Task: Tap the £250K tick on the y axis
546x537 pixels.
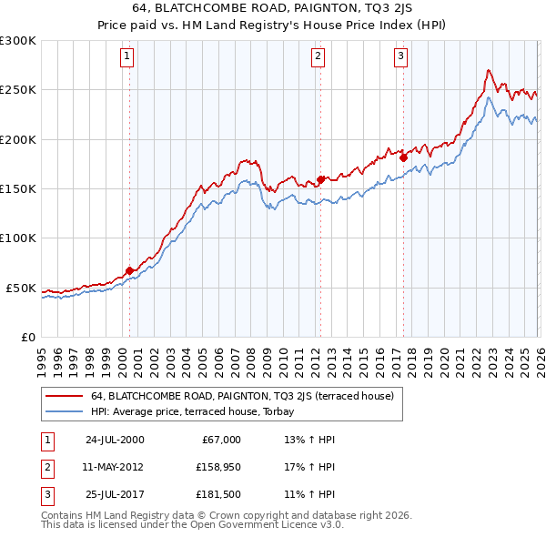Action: point(18,90)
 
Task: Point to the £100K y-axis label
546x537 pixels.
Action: point(18,238)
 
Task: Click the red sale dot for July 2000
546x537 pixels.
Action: point(130,270)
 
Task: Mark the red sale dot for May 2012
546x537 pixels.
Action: point(320,179)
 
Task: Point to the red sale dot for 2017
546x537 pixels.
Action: point(403,157)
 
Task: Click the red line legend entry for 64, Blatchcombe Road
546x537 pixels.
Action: point(241,396)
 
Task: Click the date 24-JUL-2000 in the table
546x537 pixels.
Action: point(115,440)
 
